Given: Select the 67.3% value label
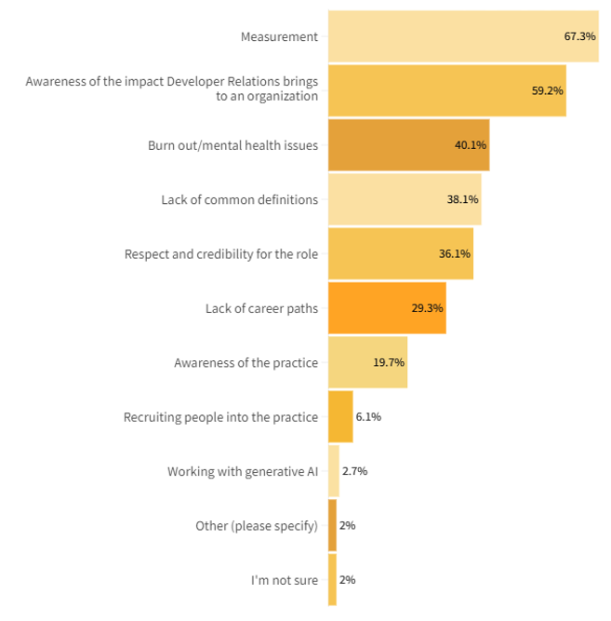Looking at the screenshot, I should pos(579,36).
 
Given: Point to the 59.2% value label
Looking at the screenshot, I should pos(547,91).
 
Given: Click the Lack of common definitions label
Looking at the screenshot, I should pos(239,199).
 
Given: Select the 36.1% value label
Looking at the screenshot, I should pos(455,254).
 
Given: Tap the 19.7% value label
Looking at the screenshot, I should pos(389,362).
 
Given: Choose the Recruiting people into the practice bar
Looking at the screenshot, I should pos(340,416).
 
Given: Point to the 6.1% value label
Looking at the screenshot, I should pos(368,416).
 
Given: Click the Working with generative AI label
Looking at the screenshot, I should pos(242,471).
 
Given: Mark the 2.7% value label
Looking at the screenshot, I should pos(354,471).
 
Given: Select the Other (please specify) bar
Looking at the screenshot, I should pos(332,525).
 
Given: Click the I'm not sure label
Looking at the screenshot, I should pos(284,580).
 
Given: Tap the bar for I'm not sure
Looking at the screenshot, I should pos(332,580).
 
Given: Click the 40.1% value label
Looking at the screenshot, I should pos(471,145).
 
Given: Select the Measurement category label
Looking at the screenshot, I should pos(279,37).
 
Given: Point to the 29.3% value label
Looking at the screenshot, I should pos(428,308).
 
